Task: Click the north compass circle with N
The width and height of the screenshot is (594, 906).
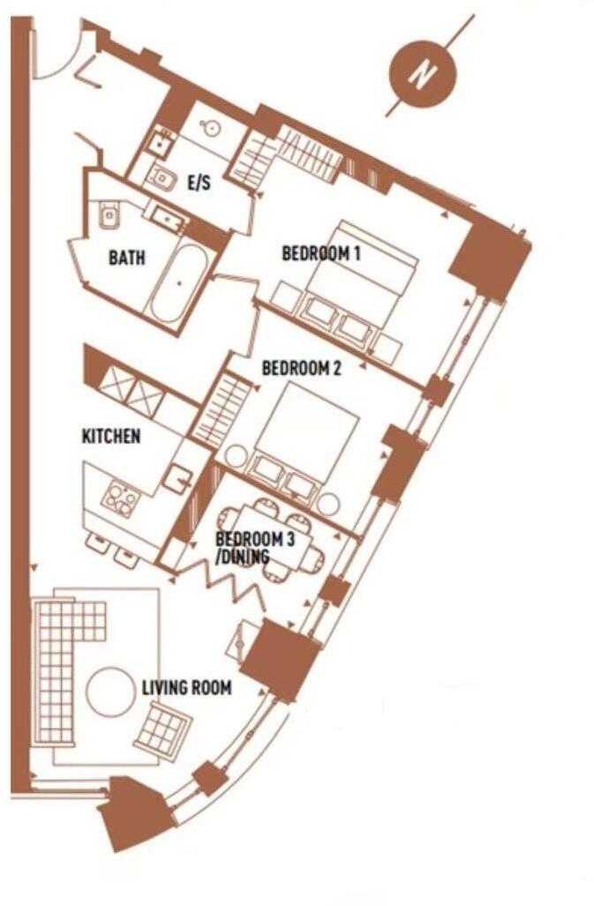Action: click(422, 76)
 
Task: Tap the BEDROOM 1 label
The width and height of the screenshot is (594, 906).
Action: click(321, 254)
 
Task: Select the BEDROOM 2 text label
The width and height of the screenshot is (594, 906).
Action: click(302, 370)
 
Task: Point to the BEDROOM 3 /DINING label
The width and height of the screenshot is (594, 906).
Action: click(254, 545)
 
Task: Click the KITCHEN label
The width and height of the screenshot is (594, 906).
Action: click(110, 436)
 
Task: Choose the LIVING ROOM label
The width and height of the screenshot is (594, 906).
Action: click(186, 687)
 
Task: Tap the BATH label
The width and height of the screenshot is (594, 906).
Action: click(127, 259)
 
